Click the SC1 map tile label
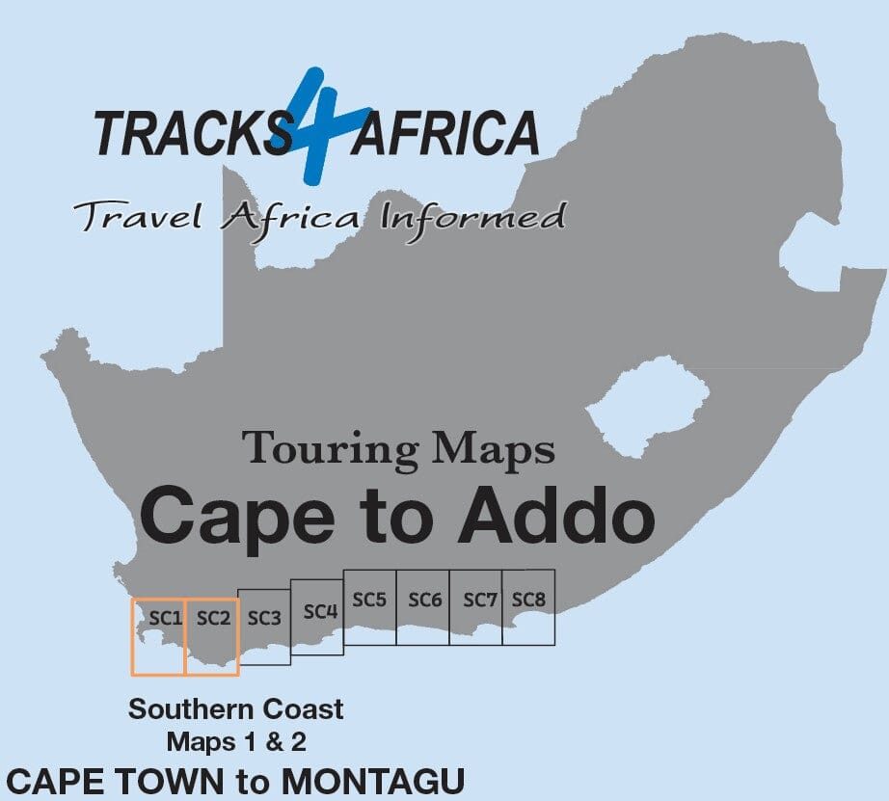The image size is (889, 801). click(166, 618)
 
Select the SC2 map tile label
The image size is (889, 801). click(213, 618)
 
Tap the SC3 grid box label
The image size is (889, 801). click(263, 618)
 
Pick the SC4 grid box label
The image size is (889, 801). click(319, 611)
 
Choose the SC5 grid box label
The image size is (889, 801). click(369, 600)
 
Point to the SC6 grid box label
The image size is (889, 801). click(424, 600)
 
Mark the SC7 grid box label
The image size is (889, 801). click(479, 600)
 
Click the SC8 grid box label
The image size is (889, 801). click(528, 600)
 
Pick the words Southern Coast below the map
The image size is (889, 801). click(236, 710)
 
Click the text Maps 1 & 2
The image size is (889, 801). click(236, 742)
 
